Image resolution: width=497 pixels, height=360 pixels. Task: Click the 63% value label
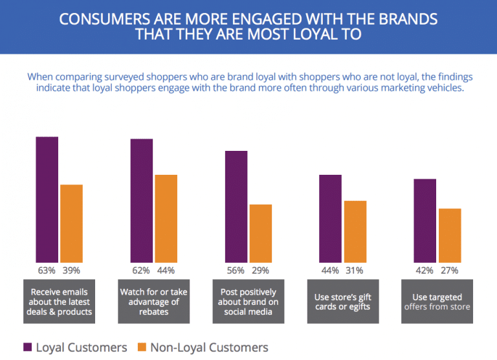[x=47, y=270]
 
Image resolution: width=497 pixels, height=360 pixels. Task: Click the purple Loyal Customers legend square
[x=27, y=347]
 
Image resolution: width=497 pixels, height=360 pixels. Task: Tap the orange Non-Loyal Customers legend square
[x=141, y=347]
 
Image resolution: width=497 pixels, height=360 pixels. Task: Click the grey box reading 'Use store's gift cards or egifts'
[x=342, y=301]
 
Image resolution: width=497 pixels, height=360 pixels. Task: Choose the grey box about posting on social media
[x=248, y=301]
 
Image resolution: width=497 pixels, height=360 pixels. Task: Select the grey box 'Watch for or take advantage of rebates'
[x=153, y=301]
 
